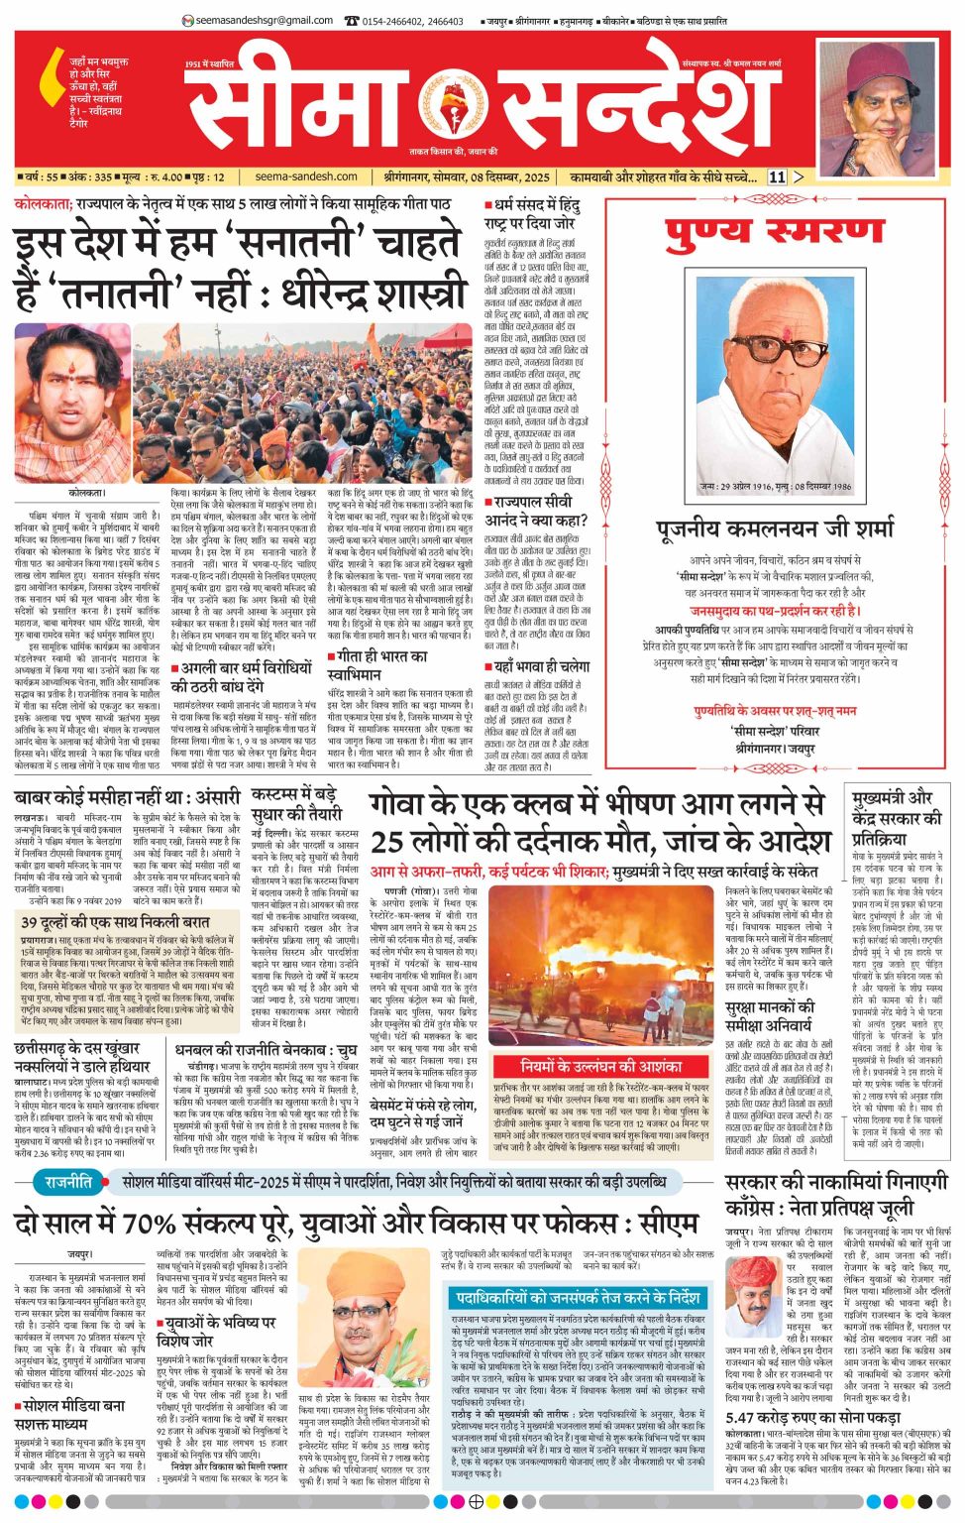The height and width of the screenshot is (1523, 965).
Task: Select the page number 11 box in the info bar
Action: (x=776, y=177)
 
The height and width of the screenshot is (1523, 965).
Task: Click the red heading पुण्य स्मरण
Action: (x=776, y=232)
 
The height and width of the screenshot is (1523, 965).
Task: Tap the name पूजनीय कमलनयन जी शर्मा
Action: (x=776, y=528)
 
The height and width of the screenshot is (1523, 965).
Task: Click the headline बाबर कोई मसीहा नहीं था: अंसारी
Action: (x=128, y=797)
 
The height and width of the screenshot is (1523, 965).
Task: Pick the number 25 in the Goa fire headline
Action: (x=388, y=841)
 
